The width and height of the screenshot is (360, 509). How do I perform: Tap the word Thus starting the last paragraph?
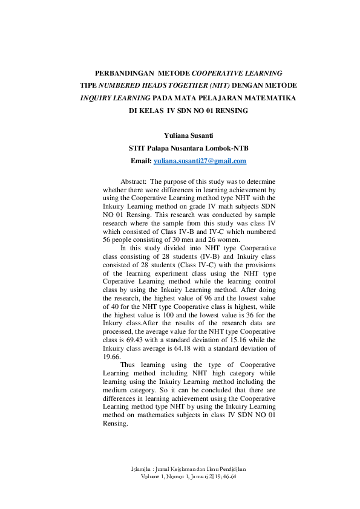pyautogui.click(x=128, y=365)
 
